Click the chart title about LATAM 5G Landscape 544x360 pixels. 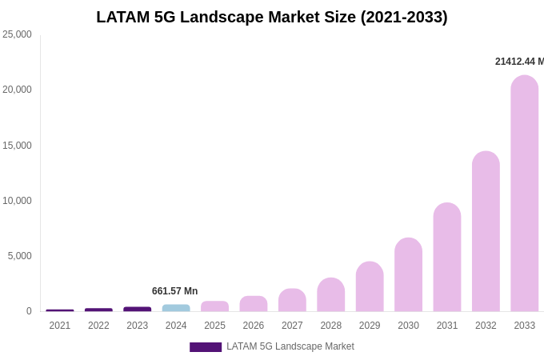272,17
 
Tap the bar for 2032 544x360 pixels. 486,231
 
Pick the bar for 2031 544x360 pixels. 447,257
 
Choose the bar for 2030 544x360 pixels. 408,274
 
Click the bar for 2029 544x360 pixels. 370,286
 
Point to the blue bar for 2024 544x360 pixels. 176,308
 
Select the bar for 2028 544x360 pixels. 330,294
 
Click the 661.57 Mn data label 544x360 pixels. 174,291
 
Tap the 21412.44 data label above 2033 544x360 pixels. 519,62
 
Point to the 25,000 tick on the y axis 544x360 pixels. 18,34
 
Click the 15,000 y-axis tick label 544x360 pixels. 18,146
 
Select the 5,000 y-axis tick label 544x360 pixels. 20,256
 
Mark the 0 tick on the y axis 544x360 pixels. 29,311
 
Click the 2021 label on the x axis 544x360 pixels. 60,326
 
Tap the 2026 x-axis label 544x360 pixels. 254,326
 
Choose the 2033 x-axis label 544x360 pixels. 525,326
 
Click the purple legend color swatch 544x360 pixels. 206,347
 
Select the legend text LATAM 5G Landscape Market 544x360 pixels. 290,346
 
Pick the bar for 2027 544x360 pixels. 292,300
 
